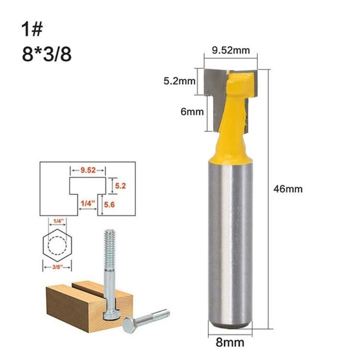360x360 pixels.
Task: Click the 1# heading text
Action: (32, 30)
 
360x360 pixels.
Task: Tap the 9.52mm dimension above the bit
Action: (231, 50)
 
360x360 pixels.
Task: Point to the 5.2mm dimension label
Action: (180, 81)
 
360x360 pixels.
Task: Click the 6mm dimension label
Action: (192, 112)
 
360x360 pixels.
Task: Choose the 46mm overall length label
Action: (288, 189)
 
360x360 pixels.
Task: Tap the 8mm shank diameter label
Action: (230, 343)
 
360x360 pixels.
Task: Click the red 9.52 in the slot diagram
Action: (88, 170)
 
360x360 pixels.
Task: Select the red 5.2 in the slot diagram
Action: (120, 186)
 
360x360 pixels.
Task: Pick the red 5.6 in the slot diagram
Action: (109, 204)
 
